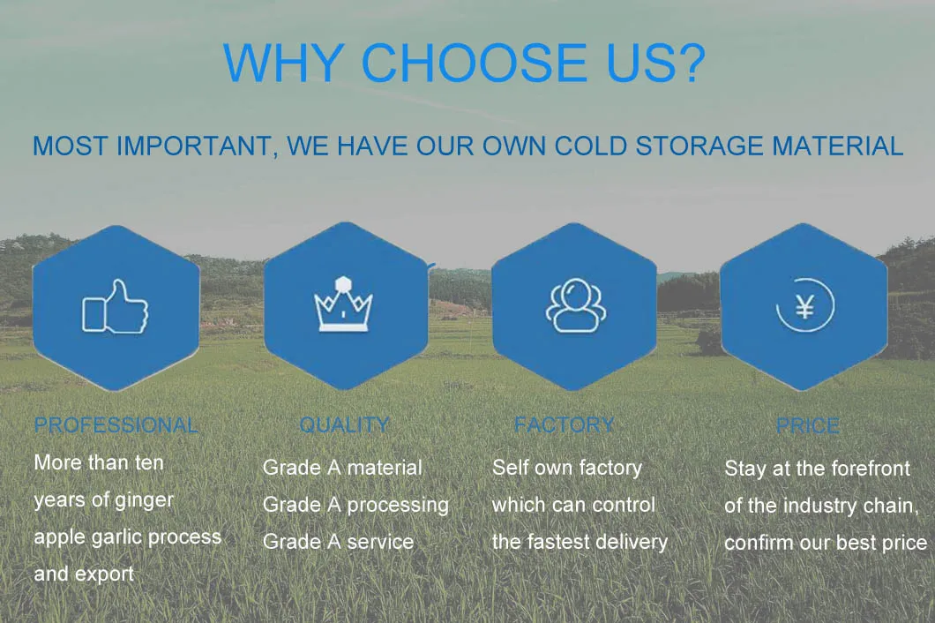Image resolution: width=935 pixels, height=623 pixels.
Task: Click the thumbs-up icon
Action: pos(115,307)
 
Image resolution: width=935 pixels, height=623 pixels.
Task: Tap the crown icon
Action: pos(343,304)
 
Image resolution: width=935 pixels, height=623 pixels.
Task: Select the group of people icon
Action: pos(575,305)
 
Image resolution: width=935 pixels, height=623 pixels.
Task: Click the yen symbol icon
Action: pos(805,305)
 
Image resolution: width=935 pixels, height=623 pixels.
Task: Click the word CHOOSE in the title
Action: pos(475,62)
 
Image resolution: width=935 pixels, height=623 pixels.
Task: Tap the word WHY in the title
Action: pos(282,62)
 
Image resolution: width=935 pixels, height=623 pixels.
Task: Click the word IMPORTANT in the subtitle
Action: pos(194,146)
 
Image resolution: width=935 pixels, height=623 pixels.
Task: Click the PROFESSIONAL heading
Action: pos(116,424)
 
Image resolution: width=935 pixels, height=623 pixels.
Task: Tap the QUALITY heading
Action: pos(344,424)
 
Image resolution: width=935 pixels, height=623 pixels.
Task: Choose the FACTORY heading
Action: pos(565,424)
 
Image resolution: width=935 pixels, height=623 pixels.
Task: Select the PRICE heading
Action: pos(808,425)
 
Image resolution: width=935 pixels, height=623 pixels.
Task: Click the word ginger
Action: pos(144,500)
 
